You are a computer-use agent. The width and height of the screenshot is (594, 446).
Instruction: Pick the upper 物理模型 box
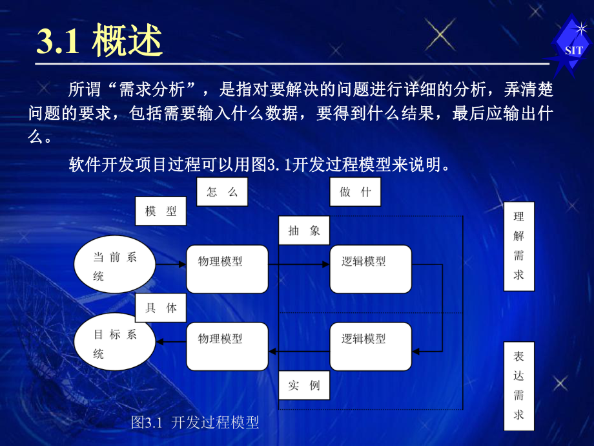[227, 268]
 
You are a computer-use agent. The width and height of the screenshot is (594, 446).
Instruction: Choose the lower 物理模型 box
[227, 347]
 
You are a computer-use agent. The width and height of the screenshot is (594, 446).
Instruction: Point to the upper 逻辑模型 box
[371, 268]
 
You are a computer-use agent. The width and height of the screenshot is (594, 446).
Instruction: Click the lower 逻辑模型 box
[371, 347]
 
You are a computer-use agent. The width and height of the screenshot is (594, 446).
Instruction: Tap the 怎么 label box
[223, 192]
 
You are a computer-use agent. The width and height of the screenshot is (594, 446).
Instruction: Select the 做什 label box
[355, 192]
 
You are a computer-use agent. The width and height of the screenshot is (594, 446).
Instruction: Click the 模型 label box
[161, 211]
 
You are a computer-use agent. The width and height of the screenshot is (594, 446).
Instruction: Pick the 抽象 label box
[304, 231]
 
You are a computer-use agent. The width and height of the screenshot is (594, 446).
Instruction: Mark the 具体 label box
[161, 308]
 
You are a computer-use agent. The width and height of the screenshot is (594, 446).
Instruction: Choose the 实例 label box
[304, 386]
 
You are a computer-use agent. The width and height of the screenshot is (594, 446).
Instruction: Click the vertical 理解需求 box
[518, 246]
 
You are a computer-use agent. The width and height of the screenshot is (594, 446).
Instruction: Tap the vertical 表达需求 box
[518, 385]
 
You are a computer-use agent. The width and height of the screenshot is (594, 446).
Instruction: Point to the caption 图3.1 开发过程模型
[195, 423]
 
